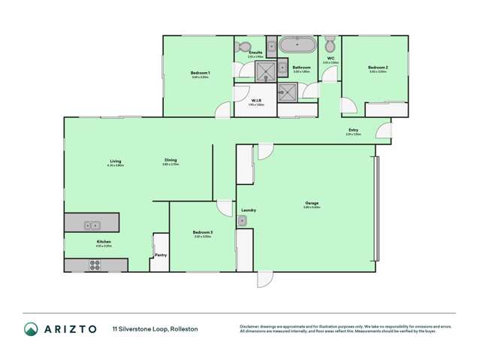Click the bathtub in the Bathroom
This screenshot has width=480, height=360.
click(x=297, y=44)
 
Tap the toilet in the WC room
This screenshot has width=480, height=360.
click(x=330, y=44)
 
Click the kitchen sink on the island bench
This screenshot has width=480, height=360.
click(x=92, y=224)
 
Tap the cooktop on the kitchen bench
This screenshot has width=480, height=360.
click(x=95, y=265)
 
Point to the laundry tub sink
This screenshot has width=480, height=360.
click(x=242, y=220)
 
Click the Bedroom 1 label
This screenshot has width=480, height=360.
click(x=200, y=72)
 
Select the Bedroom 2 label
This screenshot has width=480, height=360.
click(x=377, y=68)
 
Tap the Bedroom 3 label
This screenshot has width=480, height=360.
click(x=203, y=232)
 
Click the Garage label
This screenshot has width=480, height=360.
click(x=311, y=204)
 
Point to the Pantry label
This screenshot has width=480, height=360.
click(x=161, y=255)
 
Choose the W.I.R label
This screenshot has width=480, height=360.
click(x=255, y=100)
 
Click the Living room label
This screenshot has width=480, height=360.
click(x=115, y=160)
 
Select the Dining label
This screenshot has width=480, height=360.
click(x=171, y=160)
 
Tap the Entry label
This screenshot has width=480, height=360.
click(x=353, y=130)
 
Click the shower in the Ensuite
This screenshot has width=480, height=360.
click(x=265, y=70)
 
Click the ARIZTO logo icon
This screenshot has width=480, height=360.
click(x=31, y=328)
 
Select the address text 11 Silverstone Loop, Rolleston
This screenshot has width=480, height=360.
click(x=155, y=329)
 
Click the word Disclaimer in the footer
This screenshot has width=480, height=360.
click(x=250, y=326)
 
